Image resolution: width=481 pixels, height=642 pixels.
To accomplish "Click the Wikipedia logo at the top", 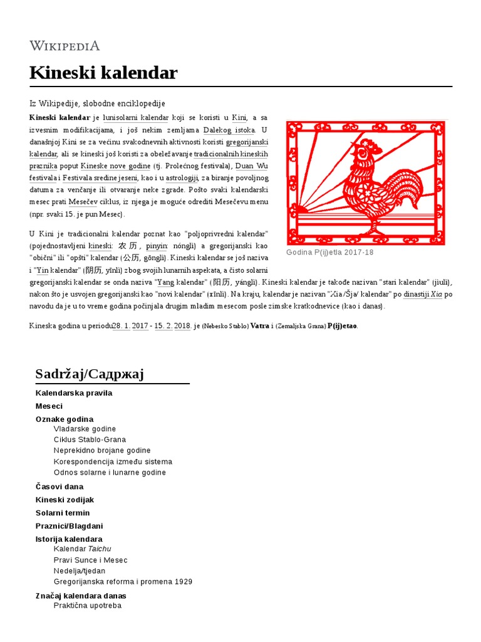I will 65,45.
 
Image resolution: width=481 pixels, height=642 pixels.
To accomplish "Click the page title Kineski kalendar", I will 103,73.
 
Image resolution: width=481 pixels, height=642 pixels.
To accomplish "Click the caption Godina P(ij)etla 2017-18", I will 329,252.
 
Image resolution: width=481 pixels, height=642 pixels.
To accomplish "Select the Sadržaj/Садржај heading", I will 90,374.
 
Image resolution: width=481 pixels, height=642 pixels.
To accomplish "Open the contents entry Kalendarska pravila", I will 74,393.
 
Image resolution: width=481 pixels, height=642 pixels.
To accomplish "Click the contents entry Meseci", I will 49,406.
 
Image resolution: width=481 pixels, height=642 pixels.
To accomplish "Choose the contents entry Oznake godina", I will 65,419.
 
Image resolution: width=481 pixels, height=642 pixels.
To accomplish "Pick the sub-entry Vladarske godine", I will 85,429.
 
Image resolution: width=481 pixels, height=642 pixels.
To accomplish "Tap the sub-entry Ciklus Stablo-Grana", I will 90,439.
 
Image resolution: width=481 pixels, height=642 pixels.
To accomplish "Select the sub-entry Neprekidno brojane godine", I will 102,451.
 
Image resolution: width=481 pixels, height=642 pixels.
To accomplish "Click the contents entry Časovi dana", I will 59,487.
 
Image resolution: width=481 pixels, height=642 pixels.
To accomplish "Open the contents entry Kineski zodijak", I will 65,500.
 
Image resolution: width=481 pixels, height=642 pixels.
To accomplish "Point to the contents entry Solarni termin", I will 63,513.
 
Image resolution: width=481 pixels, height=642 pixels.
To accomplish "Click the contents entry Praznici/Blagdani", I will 69,526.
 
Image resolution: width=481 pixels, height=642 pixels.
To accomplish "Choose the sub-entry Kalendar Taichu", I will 82,549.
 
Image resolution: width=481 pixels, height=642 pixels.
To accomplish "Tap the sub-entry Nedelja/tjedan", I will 80,571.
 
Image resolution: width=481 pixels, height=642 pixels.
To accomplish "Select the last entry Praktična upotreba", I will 88,606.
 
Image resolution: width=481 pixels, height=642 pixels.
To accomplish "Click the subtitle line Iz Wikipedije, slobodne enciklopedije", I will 97,103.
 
